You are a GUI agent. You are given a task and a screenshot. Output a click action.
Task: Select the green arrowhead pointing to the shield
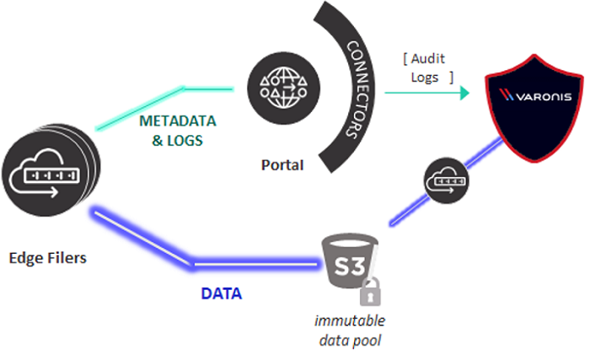[x=463, y=95]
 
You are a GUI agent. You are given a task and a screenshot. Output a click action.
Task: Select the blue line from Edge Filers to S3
[x=143, y=239]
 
